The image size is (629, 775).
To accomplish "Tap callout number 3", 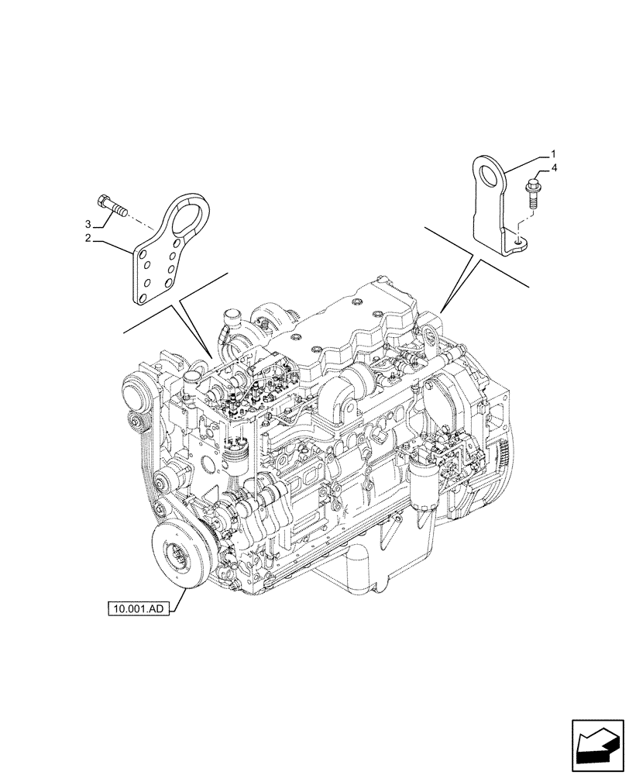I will tap(90, 225).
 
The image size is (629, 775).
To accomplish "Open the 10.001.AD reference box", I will tap(138, 608).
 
